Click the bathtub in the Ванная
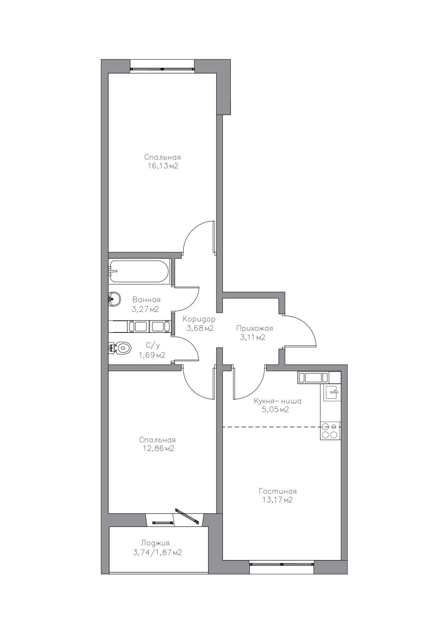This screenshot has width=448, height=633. [x=139, y=271]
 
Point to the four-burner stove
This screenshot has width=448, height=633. [x=330, y=430]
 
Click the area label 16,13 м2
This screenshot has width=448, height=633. [x=162, y=166]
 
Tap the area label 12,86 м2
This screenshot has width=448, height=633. [x=157, y=449]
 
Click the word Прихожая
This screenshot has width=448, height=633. [x=255, y=329]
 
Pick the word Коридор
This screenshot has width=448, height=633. [x=199, y=320]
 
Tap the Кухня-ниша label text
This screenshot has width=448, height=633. [x=278, y=401]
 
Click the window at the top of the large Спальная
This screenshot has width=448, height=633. [x=162, y=68]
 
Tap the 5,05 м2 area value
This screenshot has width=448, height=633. [x=275, y=410]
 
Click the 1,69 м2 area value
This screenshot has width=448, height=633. [x=152, y=355]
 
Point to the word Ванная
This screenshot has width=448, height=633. [x=146, y=300]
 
